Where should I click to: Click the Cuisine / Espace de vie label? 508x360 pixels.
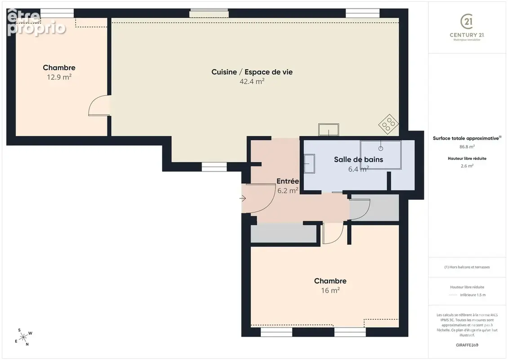coord(252,72)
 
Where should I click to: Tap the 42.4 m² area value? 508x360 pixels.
coord(252,81)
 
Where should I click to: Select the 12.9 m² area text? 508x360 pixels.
coord(59,77)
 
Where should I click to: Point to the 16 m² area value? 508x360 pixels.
coord(330,290)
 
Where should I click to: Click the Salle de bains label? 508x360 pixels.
coord(358,160)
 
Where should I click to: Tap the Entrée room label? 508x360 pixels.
coord(287,181)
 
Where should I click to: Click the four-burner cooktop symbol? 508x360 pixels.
coord(388,124)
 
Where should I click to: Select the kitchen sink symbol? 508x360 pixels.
coord(329,130)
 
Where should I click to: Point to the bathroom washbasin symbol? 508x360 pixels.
coord(309,164)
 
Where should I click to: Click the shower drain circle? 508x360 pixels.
coord(381,148)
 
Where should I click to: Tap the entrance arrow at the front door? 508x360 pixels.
coord(243,198)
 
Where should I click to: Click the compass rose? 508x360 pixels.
coord(23,337)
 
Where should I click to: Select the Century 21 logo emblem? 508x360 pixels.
coord(467,22)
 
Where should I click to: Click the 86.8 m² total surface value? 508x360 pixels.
coord(467,147)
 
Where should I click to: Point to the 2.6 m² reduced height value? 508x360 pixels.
coord(467,166)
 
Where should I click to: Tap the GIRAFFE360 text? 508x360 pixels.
coord(467,345)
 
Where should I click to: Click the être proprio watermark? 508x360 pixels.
coord(36,22)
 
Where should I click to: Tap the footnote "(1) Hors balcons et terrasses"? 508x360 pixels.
coord(467,267)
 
